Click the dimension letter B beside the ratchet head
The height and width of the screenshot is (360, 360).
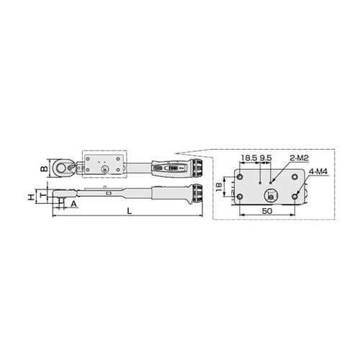(x=44, y=168)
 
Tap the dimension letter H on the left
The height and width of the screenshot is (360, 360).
(x=31, y=197)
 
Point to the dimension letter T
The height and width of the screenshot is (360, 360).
(x=42, y=195)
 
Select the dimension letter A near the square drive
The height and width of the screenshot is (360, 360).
(x=73, y=204)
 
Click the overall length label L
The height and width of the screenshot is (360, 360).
(x=130, y=211)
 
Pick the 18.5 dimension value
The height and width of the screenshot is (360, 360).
(x=249, y=158)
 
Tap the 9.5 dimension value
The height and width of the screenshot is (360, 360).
(x=266, y=158)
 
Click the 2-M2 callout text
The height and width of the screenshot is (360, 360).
(x=299, y=158)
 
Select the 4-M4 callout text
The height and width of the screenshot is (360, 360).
(x=318, y=172)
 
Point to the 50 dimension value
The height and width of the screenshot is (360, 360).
(x=267, y=211)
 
